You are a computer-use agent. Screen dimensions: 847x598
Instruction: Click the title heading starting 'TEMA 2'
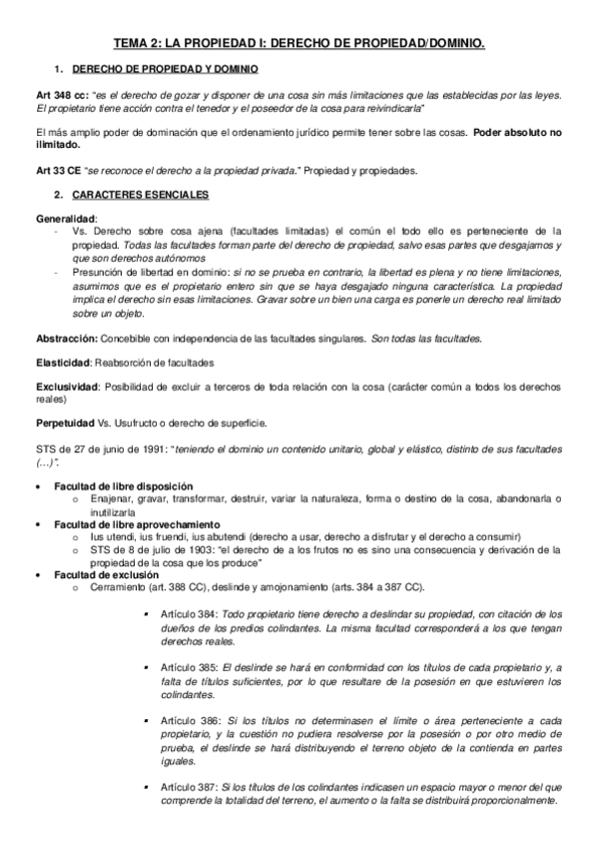point(299,44)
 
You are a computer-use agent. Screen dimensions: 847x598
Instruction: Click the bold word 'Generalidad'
point(66,217)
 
